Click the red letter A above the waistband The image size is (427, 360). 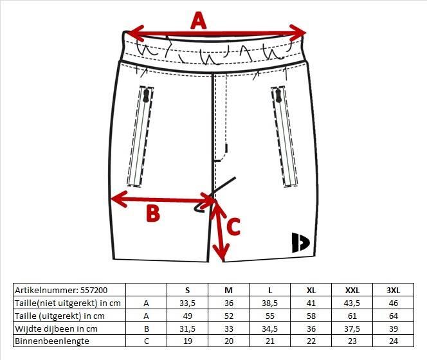click(x=199, y=21)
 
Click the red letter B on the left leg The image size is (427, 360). click(x=153, y=213)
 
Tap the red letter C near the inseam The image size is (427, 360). click(x=233, y=226)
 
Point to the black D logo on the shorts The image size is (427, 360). click(x=300, y=242)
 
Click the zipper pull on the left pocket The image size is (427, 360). click(x=146, y=96)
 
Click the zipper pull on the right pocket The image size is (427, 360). click(x=278, y=96)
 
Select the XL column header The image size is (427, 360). click(x=311, y=291)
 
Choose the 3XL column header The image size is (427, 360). click(x=393, y=291)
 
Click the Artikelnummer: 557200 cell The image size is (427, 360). click(x=61, y=291)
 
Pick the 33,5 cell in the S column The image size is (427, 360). click(x=187, y=303)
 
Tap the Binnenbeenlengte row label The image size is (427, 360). click(x=52, y=341)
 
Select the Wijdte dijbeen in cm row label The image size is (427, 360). click(x=56, y=328)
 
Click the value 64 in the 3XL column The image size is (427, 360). click(x=393, y=316)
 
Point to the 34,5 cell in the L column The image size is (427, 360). click(x=269, y=328)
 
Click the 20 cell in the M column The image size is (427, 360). click(x=229, y=341)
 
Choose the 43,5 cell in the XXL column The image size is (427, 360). click(x=352, y=303)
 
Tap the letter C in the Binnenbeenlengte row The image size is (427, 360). click(x=146, y=341)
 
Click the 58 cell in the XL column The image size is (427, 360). click(x=311, y=316)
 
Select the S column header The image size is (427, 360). click(x=187, y=291)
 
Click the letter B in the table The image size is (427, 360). click(x=146, y=328)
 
